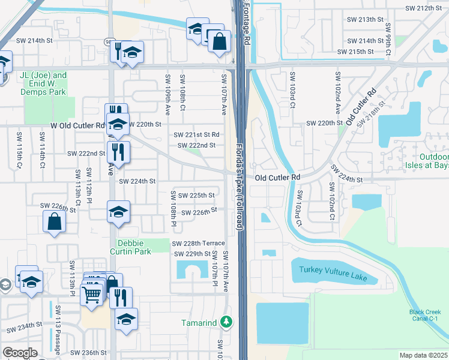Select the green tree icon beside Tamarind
tap(226, 322)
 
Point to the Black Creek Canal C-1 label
tap(425, 316)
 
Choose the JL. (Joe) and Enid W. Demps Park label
tap(43, 84)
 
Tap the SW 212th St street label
tap(427, 8)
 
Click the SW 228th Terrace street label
tap(198, 244)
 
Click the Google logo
tap(20, 353)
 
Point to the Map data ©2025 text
tap(423, 355)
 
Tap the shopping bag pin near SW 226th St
tap(54, 221)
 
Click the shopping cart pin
tap(91, 294)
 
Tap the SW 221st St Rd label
tap(197, 135)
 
